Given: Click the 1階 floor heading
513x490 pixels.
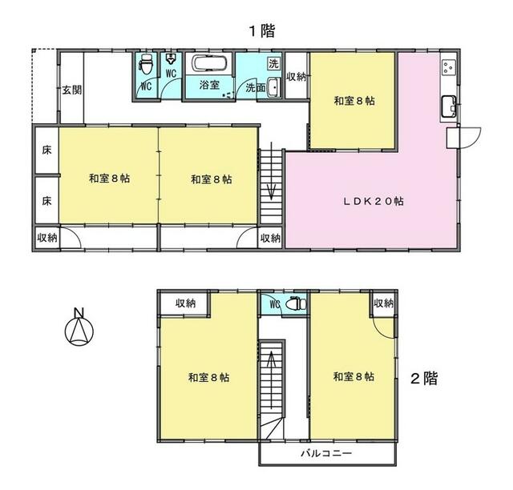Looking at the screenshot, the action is tap(262, 31).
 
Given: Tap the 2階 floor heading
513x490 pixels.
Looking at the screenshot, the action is tap(424, 379).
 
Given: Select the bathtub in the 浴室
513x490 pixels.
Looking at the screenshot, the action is tap(209, 63).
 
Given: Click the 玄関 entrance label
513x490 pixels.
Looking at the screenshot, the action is tap(72, 90).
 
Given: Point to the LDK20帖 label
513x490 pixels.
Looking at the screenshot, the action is tap(373, 201).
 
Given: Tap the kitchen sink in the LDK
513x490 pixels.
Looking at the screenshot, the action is tap(449, 106).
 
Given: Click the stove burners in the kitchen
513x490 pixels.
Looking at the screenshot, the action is tap(448, 67).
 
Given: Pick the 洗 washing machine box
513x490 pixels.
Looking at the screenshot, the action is tap(273, 63).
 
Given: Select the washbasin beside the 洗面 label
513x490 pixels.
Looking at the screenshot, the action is tap(273, 87).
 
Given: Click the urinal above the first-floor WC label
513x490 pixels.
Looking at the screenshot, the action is tap(171, 59).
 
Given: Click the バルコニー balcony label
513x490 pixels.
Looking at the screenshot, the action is tap(326, 453).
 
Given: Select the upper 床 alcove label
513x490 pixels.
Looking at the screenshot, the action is tap(46, 151).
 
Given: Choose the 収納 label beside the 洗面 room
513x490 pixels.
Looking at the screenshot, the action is tap(297, 77).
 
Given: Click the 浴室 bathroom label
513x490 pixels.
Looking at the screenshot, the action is tap(209, 85).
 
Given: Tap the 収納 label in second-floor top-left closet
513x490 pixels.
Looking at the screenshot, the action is tap(185, 303).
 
